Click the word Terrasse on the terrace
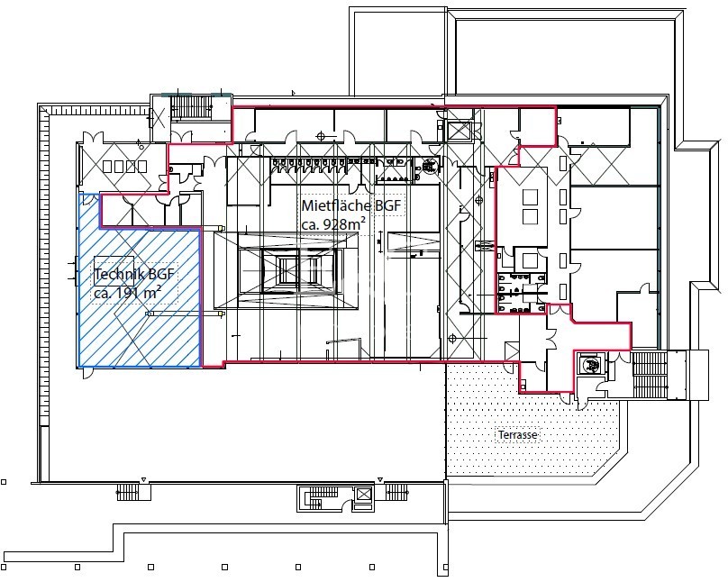(517, 435)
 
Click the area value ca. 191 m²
(127, 293)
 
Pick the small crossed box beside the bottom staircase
(364, 495)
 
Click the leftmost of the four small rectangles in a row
(107, 167)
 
